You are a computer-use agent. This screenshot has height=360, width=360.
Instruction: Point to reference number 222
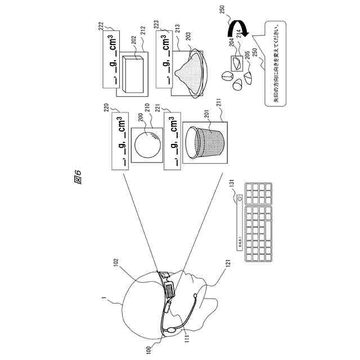[x=101, y=26]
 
